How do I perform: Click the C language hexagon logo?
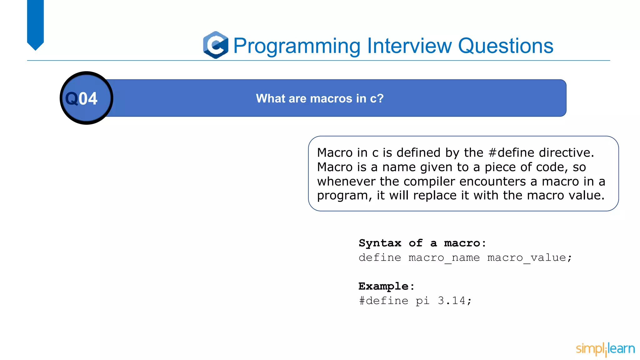(x=216, y=45)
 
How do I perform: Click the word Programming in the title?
(x=297, y=46)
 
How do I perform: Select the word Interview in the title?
(x=409, y=46)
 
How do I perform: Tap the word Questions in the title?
(x=505, y=46)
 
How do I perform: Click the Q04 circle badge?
(x=86, y=98)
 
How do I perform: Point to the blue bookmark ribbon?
(x=35, y=23)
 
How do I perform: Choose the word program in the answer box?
(x=342, y=196)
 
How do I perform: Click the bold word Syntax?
(x=380, y=243)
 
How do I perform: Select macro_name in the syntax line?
(x=444, y=258)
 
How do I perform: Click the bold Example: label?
(x=386, y=286)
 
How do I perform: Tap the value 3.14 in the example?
(x=452, y=301)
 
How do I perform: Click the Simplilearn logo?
(x=605, y=349)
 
